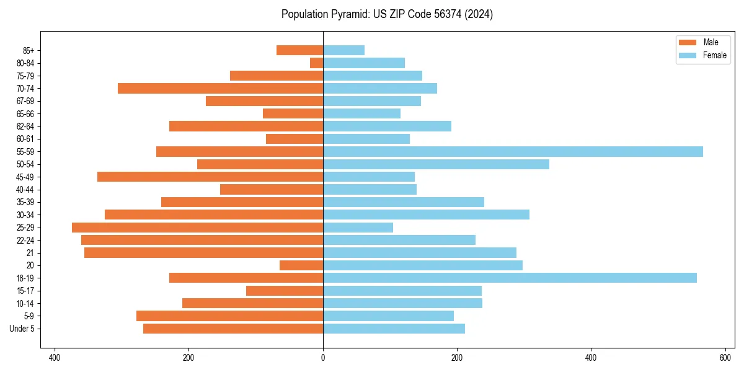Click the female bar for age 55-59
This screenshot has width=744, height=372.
click(513, 152)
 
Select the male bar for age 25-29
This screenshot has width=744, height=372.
click(197, 228)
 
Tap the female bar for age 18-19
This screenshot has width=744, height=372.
click(510, 278)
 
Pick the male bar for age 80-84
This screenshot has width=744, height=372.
click(317, 63)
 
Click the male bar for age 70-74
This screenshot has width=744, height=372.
click(220, 89)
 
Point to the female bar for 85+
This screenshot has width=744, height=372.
click(343, 50)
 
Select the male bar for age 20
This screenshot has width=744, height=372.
click(301, 265)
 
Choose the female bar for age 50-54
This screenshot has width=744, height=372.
click(436, 164)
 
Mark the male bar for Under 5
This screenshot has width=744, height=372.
click(233, 329)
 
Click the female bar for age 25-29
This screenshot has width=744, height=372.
click(358, 228)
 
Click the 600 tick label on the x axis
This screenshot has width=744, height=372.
click(725, 358)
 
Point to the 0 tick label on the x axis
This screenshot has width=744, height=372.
click(323, 358)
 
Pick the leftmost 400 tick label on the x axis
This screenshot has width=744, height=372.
click(55, 358)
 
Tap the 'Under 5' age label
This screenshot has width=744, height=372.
click(22, 329)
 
